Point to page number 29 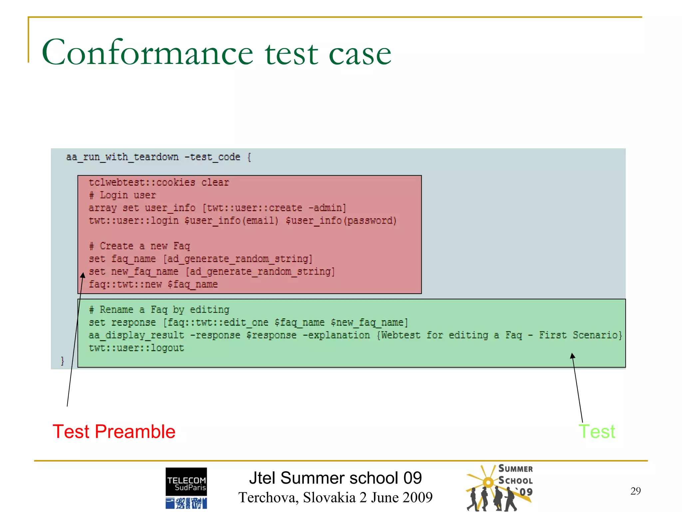(635, 491)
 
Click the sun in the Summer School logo (488, 482)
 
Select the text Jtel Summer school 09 (335, 478)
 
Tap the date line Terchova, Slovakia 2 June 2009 (335, 498)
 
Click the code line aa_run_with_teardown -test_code (158, 157)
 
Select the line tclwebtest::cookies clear (159, 183)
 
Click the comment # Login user (122, 195)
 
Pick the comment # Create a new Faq (140, 246)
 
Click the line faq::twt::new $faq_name (153, 285)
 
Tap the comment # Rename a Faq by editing (159, 310)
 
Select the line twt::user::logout (136, 348)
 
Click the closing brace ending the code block (62, 361)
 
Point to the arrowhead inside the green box (572, 356)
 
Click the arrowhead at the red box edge (83, 275)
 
